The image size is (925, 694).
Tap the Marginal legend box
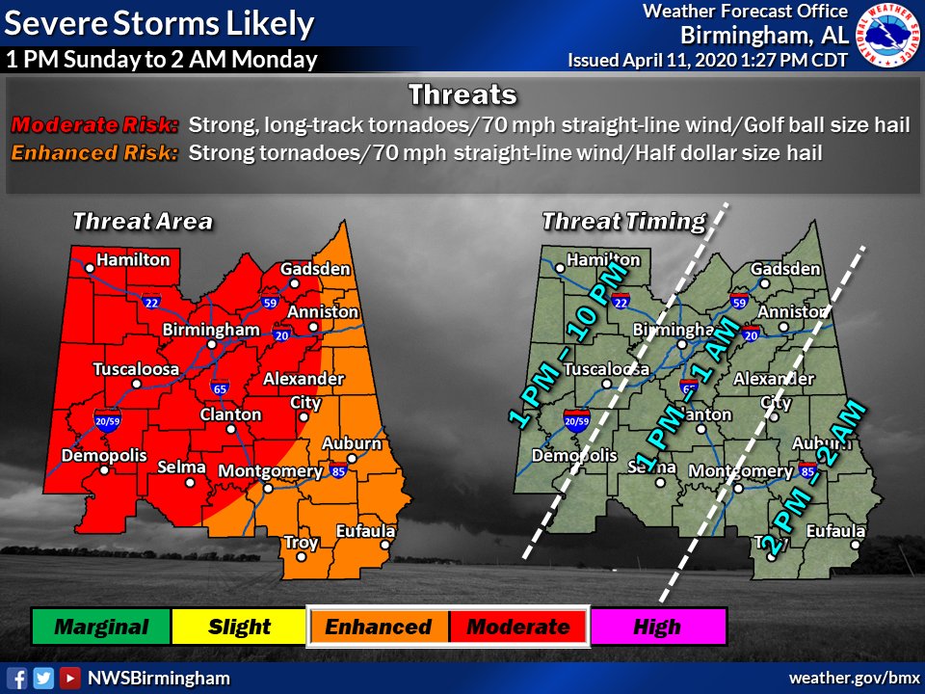coord(101,627)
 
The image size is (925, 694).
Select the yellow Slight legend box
coord(240,627)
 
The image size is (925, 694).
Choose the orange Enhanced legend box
coord(379,627)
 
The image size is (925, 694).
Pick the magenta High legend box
coord(657,627)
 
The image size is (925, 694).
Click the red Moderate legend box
coord(518,627)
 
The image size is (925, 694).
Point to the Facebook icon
coord(16,678)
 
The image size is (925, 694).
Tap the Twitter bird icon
coord(42,678)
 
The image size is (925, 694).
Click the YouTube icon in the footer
coord(69,678)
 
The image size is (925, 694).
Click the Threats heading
coord(462,94)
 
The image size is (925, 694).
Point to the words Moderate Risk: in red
coord(94,125)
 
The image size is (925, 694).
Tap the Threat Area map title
coord(143,222)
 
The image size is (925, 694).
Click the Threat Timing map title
coord(623,222)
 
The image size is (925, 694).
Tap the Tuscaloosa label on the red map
coord(136,369)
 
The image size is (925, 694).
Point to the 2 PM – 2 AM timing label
coord(814,478)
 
